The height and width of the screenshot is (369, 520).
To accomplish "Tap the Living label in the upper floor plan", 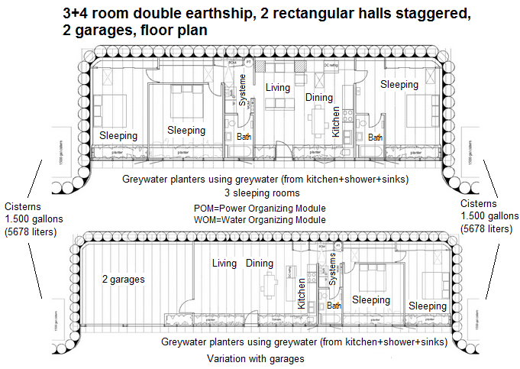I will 278,87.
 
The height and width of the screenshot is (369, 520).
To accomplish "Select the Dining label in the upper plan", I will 319,97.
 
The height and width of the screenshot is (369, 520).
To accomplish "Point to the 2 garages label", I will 123,280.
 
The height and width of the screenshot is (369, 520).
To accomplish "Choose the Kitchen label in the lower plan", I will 302,293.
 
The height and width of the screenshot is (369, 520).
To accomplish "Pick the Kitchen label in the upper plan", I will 336,121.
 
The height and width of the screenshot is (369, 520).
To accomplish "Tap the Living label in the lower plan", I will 224,264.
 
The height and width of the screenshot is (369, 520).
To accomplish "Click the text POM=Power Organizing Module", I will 260,209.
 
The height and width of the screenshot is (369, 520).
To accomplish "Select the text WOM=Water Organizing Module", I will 260,219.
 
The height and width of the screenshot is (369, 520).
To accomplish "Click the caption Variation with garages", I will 256,358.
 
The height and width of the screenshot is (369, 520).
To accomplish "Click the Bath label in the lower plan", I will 334,306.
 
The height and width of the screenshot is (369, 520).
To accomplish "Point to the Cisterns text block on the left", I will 30,218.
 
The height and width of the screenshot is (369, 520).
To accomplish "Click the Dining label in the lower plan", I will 260,264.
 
